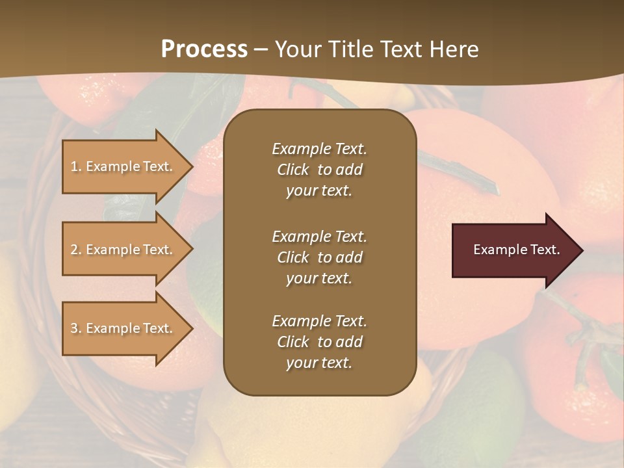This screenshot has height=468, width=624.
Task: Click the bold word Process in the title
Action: [204, 49]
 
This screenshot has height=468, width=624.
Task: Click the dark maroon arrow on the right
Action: [513, 250]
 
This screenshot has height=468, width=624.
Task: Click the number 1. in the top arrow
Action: [75, 166]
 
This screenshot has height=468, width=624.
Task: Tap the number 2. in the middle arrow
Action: [75, 250]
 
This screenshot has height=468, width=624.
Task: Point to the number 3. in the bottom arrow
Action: [75, 328]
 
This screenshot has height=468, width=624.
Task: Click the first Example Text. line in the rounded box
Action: [319, 149]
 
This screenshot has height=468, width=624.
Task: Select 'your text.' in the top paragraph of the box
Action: [319, 191]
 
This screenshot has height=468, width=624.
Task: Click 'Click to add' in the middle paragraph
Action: [319, 257]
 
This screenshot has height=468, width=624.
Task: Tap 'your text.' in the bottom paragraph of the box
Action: [319, 363]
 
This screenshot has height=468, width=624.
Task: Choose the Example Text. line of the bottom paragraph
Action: [319, 321]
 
